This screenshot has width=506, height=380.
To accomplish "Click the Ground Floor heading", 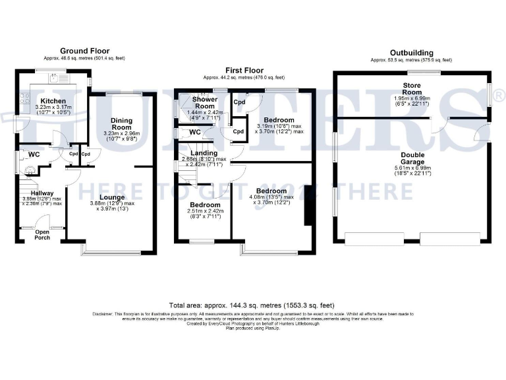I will point(84,51).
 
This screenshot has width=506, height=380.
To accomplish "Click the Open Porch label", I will point(42,234).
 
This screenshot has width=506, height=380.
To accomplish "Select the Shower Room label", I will point(204,102).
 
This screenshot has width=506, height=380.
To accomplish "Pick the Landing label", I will point(204,152).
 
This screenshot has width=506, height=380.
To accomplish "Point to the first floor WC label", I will point(194,132).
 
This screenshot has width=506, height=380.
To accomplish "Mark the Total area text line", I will point(252,305).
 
